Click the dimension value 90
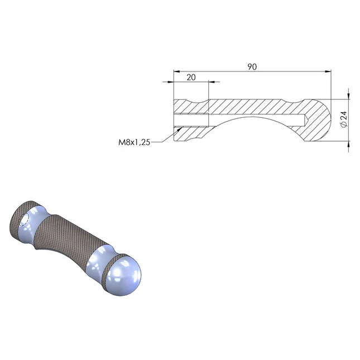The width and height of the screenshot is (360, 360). [x=252, y=67]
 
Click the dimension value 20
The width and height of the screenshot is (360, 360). [x=191, y=78]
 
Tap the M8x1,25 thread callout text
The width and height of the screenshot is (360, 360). [x=134, y=142]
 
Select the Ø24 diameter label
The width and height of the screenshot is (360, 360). [x=344, y=119]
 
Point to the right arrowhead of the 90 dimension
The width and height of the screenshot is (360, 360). [x=328, y=71]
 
